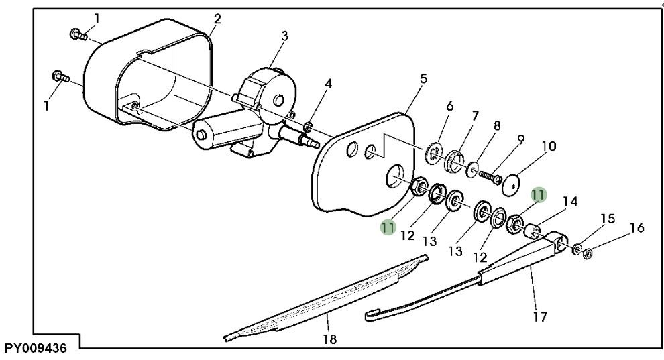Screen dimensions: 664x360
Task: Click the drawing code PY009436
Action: pos(36,348)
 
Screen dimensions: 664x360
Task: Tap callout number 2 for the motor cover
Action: pos(217,19)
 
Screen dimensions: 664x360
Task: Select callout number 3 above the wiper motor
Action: pos(284,36)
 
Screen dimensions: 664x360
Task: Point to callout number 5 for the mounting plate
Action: pos(423,79)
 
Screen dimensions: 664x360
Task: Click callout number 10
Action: pos(549,146)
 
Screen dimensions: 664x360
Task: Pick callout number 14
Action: pos(570,201)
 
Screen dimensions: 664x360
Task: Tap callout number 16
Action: pos(637,228)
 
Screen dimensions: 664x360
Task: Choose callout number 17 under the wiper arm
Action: pos(539,316)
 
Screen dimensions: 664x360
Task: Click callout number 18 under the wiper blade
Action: pos(329,339)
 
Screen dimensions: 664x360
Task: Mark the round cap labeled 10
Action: pos(510,184)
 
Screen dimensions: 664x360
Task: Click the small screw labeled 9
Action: pos(490,176)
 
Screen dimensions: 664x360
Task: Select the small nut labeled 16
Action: pos(586,254)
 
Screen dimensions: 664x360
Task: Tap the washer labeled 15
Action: pos(577,249)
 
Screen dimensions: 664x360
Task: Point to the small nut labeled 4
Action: pos(309,125)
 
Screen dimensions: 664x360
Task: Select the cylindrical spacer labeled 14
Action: pos(531,231)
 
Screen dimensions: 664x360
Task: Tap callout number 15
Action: pos(608,219)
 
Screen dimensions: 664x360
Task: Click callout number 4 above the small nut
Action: pos(328,84)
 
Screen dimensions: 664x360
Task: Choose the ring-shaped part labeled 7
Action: pos(454,161)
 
